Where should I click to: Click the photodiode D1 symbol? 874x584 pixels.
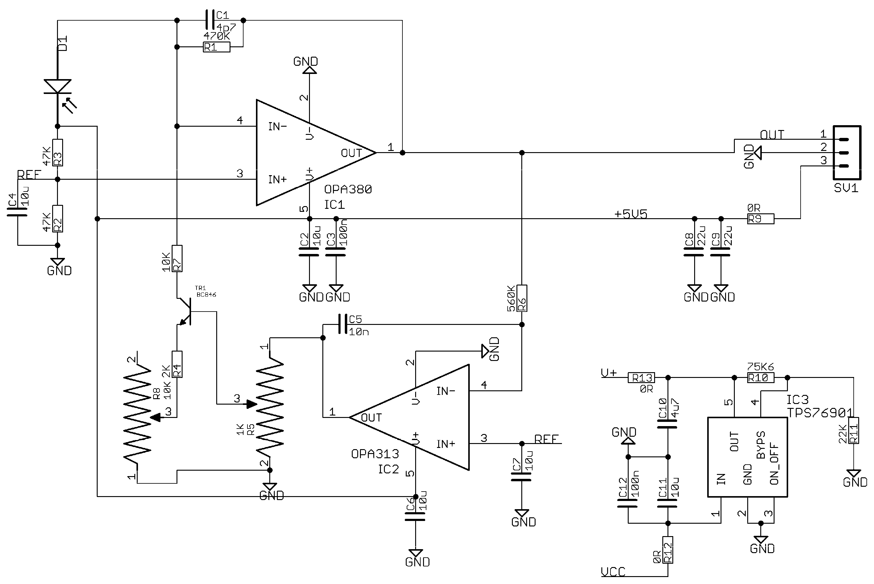pyautogui.click(x=57, y=87)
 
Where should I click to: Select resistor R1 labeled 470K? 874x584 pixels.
pyautogui.click(x=217, y=47)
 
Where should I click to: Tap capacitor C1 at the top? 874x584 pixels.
pyautogui.click(x=210, y=20)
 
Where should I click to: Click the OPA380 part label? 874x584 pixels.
pyautogui.click(x=348, y=190)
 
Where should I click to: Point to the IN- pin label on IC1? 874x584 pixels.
pyautogui.click(x=277, y=127)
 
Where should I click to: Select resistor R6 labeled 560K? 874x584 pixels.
pyautogui.click(x=522, y=298)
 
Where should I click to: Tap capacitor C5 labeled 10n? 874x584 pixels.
pyautogui.click(x=342, y=324)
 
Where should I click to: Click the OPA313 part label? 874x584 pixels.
pyautogui.click(x=375, y=454)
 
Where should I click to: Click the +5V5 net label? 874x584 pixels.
pyautogui.click(x=630, y=214)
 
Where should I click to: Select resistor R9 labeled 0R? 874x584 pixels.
pyautogui.click(x=761, y=219)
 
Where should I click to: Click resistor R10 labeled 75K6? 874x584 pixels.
pyautogui.click(x=760, y=378)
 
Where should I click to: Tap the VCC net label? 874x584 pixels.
pyautogui.click(x=613, y=572)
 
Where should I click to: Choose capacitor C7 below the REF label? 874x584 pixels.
pyautogui.click(x=521, y=477)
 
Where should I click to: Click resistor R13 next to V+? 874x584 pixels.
pyautogui.click(x=641, y=378)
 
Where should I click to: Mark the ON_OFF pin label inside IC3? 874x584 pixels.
pyautogui.click(x=774, y=464)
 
